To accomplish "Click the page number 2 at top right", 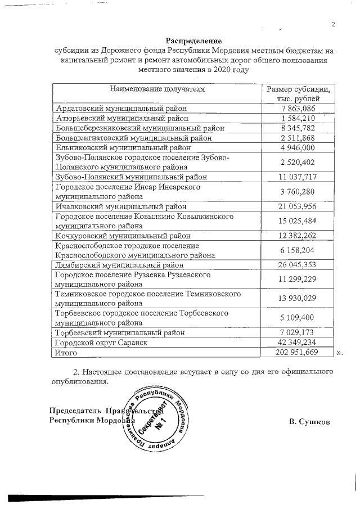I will click(x=333, y=24).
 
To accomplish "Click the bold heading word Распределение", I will click(x=194, y=41).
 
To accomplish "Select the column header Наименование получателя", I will click(x=157, y=89).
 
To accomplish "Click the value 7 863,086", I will click(x=299, y=108).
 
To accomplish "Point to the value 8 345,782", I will click(x=299, y=128).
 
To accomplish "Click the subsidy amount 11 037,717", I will click(x=299, y=177).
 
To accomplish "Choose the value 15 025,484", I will click(x=299, y=221).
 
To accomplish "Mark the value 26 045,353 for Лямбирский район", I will click(x=299, y=265).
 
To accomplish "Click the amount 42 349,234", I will click(x=299, y=343).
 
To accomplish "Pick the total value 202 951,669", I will click(x=299, y=353).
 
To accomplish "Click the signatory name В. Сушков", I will click(x=309, y=421).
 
